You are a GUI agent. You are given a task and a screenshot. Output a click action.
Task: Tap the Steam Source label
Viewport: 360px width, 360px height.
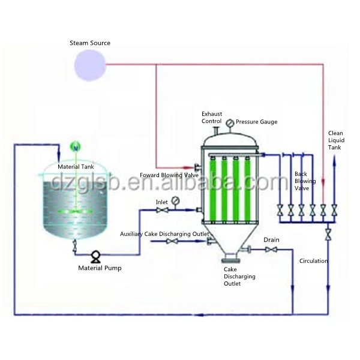pyautogui.click(x=90, y=43)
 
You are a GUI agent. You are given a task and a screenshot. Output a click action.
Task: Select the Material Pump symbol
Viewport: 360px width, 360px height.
pyautogui.click(x=95, y=257)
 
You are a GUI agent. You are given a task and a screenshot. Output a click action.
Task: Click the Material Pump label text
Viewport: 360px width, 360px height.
pyautogui.click(x=100, y=268)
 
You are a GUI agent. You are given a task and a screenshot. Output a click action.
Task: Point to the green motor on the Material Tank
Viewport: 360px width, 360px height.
pyautogui.click(x=75, y=146)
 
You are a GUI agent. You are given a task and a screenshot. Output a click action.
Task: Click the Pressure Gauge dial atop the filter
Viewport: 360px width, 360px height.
pyautogui.click(x=230, y=123)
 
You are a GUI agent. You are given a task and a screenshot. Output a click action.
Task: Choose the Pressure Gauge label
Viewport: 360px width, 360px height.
pyautogui.click(x=256, y=122)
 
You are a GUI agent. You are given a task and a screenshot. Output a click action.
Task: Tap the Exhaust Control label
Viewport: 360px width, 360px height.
pyautogui.click(x=211, y=117)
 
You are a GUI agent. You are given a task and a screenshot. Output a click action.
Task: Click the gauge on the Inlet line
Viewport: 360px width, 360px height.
pyautogui.click(x=175, y=200)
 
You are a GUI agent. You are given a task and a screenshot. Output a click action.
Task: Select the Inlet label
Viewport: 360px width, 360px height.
pyautogui.click(x=162, y=202)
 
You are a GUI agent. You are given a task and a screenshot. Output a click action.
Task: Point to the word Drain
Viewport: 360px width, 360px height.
pyautogui.click(x=271, y=240)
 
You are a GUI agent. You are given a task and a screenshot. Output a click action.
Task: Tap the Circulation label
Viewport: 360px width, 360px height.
pyautogui.click(x=313, y=261)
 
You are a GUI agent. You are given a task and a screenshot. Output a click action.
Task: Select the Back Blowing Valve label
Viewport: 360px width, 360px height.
pyautogui.click(x=301, y=181)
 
